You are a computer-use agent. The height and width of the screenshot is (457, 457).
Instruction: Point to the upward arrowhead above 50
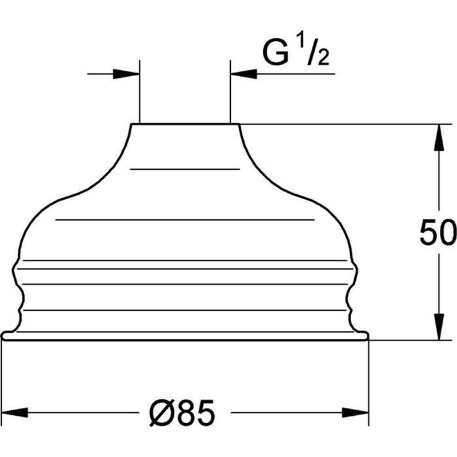pos(438,137)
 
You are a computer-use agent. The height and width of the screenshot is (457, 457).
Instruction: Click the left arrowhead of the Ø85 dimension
pos(14,412)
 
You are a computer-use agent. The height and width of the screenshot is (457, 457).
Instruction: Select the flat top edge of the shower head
pos(185,124)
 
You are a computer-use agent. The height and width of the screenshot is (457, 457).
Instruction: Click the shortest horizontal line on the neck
pos(185,169)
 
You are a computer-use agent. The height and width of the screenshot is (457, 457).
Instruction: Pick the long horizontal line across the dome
pos(185,219)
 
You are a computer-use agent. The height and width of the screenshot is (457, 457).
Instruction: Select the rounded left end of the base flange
pos(3,336)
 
